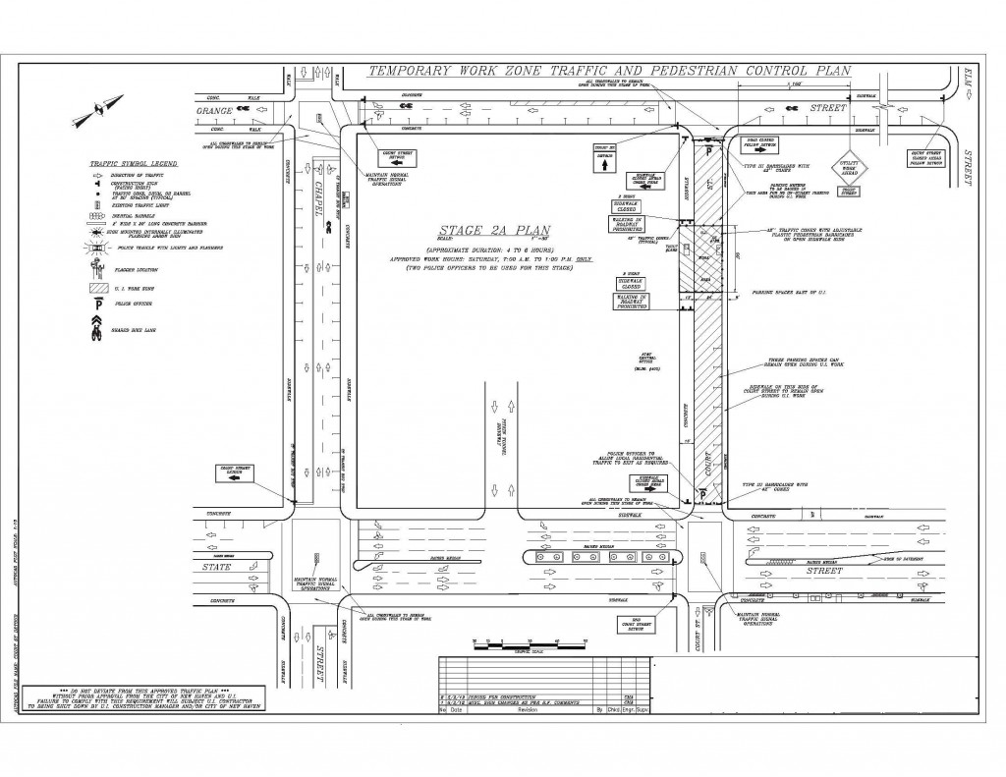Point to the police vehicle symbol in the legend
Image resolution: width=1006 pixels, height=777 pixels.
95,249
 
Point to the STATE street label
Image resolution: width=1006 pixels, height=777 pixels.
217,566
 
